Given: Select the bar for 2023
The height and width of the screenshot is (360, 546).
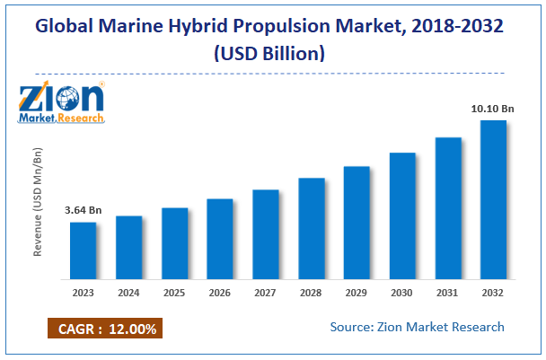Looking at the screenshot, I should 84,250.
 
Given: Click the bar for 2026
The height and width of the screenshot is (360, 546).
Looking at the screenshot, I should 220,239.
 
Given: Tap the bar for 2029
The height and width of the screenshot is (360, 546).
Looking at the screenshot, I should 357,223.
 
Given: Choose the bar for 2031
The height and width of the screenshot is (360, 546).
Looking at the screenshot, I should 448,208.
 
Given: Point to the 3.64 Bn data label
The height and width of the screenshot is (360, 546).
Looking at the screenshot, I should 84,211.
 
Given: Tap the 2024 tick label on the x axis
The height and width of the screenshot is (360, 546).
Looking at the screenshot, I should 129,293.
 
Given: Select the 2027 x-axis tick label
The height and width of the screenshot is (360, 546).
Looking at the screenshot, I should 266,293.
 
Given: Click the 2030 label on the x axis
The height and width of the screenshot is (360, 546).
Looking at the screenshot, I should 402,293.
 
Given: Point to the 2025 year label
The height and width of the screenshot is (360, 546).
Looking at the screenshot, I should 175,293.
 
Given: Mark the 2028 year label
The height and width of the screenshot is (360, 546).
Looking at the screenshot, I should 311,293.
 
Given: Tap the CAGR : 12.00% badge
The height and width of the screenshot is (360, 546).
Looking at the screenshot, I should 103,329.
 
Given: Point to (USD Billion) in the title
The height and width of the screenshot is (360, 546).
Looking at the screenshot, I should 272,53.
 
